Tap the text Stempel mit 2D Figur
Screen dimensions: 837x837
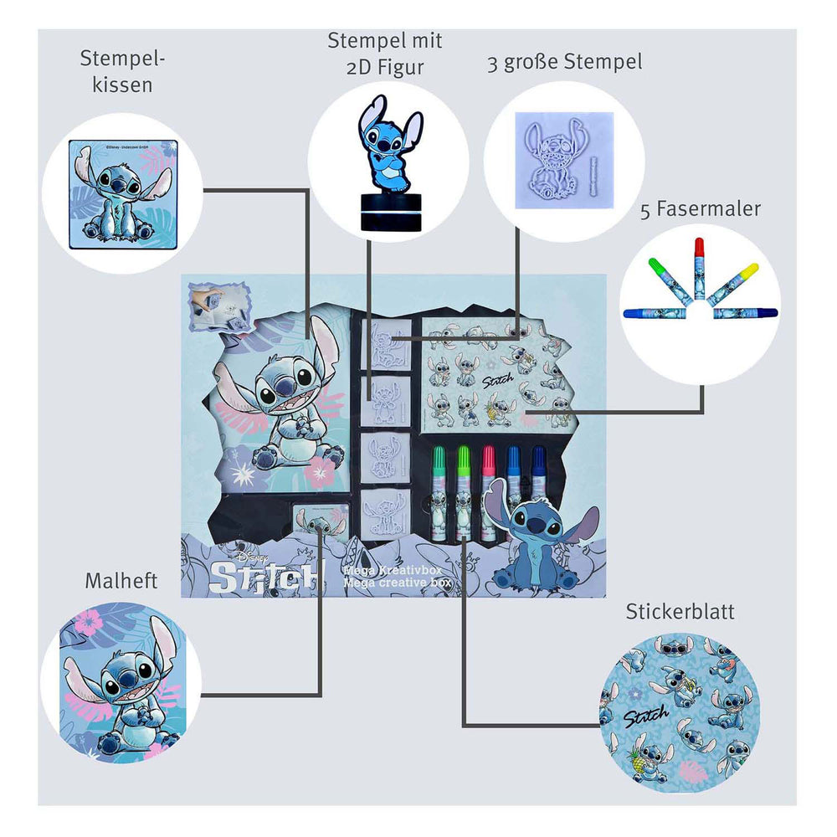[385, 53]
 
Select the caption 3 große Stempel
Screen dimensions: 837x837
[565, 64]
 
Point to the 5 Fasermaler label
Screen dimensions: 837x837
[701, 208]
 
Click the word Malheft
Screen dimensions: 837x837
[122, 580]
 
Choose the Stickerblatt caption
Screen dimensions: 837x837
[680, 612]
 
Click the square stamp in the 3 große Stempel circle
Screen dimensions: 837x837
[564, 159]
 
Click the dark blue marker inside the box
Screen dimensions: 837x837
[538, 485]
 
